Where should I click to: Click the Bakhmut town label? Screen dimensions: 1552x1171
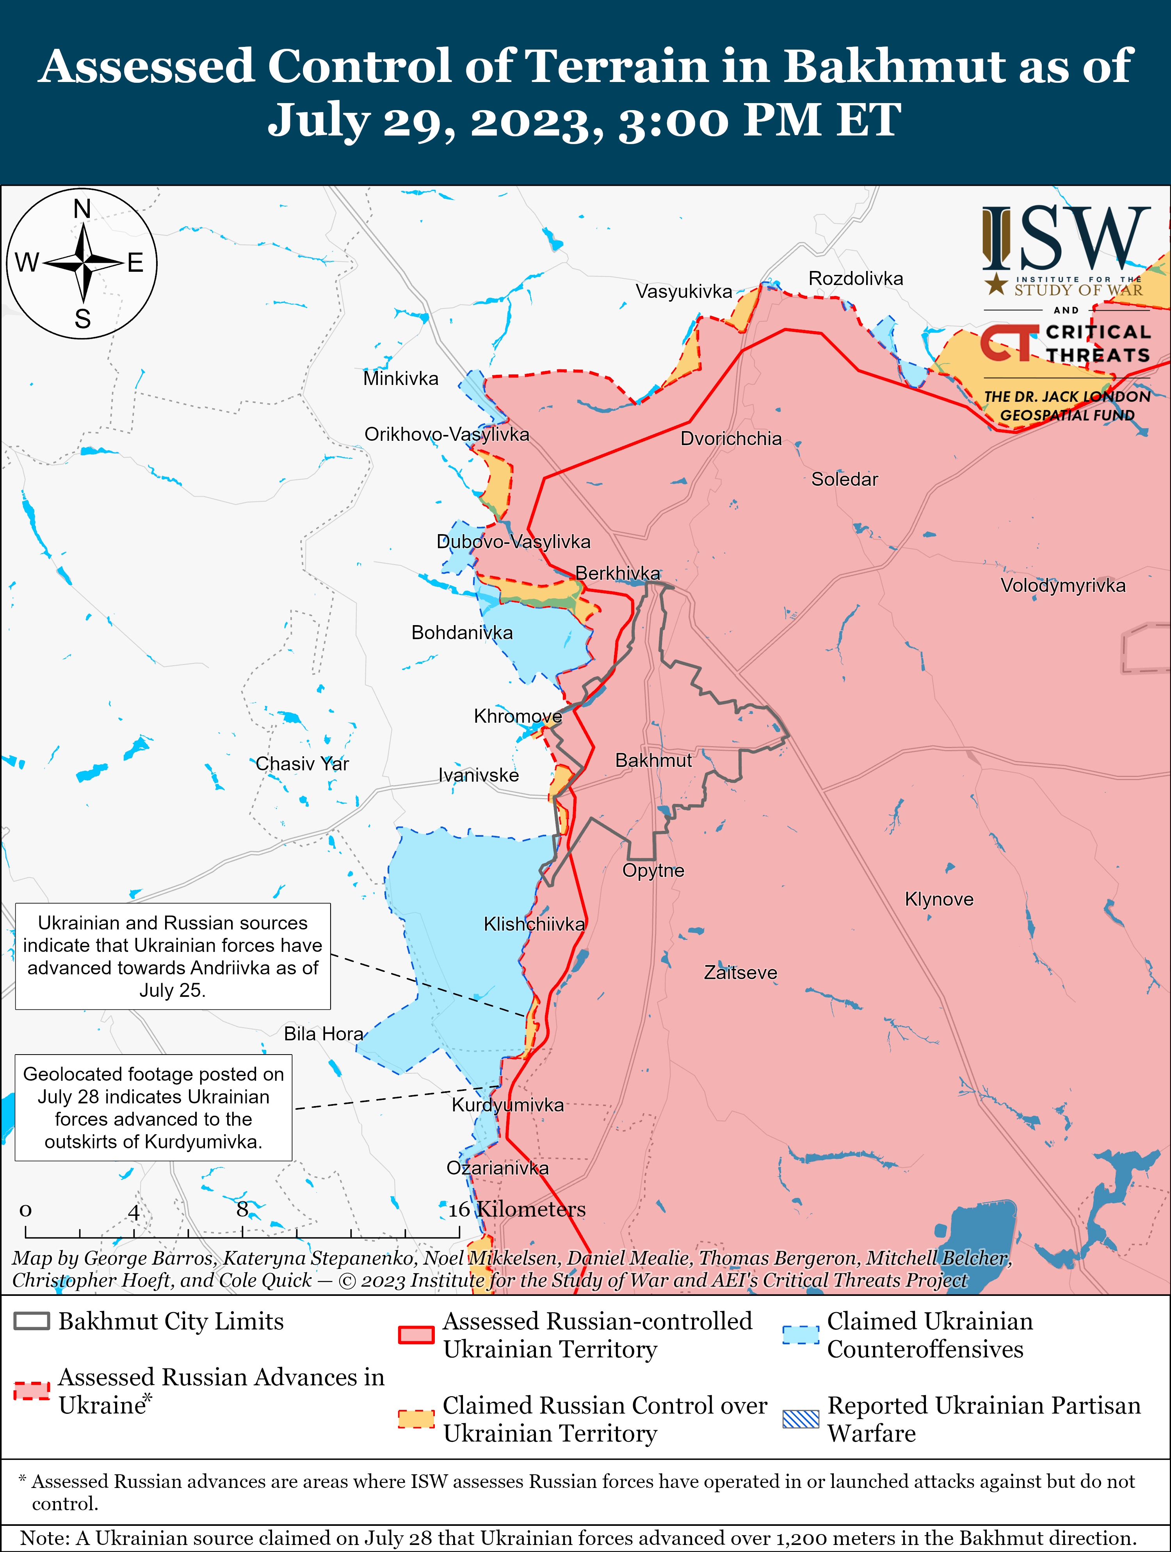pos(653,761)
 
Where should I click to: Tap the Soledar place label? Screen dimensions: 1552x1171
pos(844,479)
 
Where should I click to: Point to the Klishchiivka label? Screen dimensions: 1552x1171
pos(534,924)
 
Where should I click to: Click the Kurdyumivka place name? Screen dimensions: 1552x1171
pos(507,1105)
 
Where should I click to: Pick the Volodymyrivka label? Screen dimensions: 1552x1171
pos(1062,586)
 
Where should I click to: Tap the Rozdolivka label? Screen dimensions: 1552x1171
pos(855,278)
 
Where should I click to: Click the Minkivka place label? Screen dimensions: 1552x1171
pos(400,379)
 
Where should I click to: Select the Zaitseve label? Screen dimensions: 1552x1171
pos(740,973)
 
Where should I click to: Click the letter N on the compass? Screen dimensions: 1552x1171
pos(82,209)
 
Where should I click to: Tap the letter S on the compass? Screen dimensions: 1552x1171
pos(83,319)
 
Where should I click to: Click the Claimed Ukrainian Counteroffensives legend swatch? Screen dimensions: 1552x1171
pos(801,1335)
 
